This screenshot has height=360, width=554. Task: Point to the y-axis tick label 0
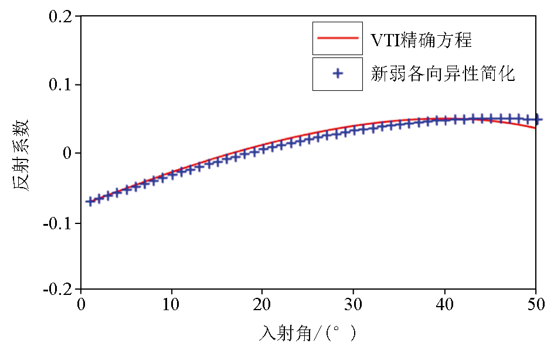(x=68, y=153)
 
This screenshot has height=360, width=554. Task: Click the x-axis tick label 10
(x=172, y=305)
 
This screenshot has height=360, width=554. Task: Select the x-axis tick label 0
(x=81, y=305)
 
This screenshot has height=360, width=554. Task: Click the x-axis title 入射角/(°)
(x=308, y=334)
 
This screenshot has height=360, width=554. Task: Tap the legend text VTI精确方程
(x=422, y=40)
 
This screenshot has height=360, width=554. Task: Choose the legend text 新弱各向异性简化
(x=443, y=74)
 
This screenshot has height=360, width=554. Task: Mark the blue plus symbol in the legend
(x=337, y=74)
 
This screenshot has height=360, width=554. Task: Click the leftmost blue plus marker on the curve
(x=90, y=202)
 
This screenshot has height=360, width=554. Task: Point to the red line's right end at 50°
(x=535, y=127)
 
